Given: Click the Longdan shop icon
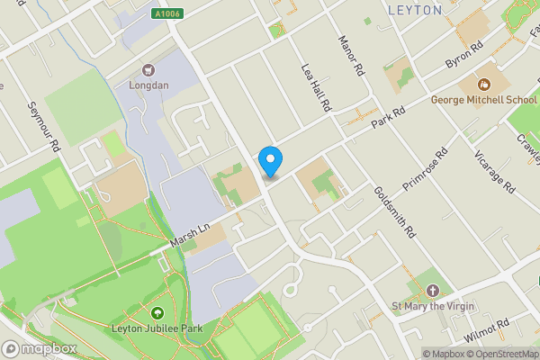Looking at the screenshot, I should coord(148,69).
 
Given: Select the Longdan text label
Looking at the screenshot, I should coord(148,86).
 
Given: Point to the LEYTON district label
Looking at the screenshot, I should coord(414,11).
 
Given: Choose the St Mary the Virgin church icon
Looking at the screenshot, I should coord(434,291).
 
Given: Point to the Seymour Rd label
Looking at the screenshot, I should coord(43,126).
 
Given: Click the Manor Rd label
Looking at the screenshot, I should coord(350,56).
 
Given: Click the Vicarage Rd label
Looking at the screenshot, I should coord(494,171).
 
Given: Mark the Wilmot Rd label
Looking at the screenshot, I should coord(487,329).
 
